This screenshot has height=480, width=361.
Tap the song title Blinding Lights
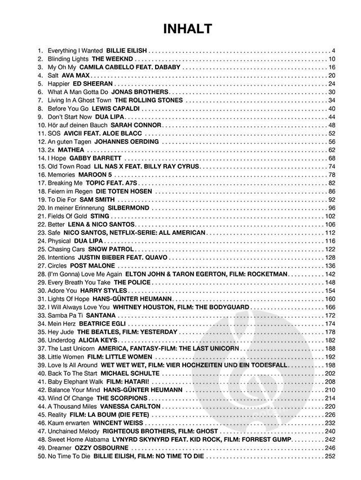68,59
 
